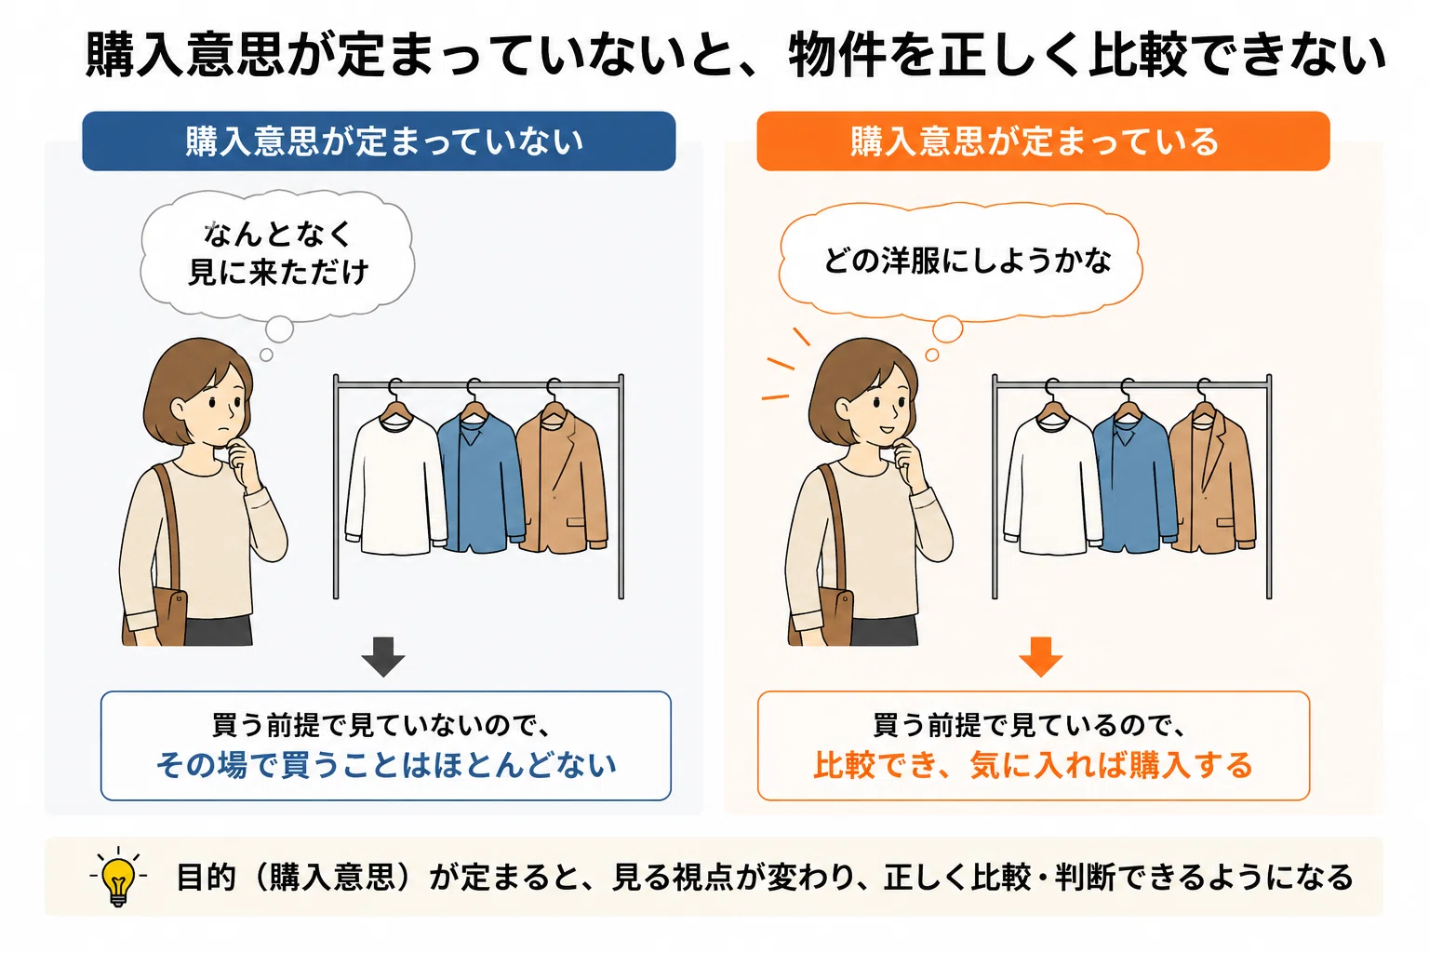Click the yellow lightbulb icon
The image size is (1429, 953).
click(x=118, y=877)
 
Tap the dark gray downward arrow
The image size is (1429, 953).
click(x=382, y=656)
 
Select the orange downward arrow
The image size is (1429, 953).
click(x=1040, y=656)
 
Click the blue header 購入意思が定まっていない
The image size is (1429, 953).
click(x=379, y=141)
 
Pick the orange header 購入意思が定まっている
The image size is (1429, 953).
click(x=1043, y=141)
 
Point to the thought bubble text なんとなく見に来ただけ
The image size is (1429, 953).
click(x=278, y=253)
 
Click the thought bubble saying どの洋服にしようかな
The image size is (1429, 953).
click(x=961, y=262)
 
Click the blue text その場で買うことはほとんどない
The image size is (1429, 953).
click(x=387, y=765)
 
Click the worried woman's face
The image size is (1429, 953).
click(x=220, y=408)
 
